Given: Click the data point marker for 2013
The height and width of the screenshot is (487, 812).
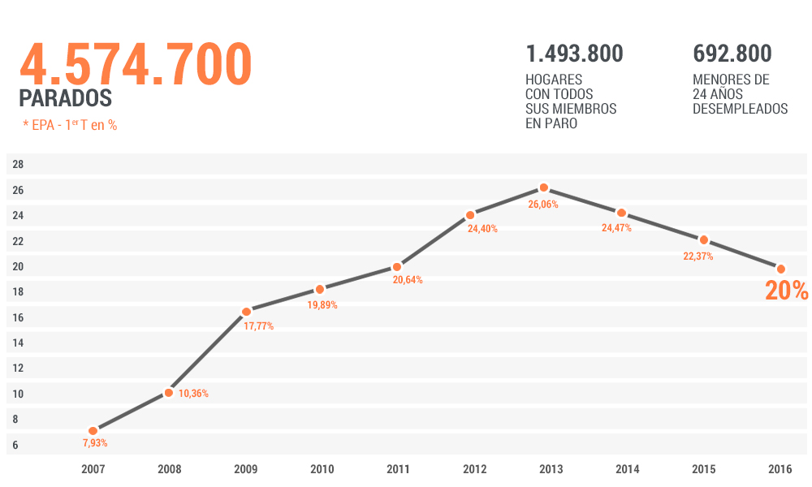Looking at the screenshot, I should [544, 187].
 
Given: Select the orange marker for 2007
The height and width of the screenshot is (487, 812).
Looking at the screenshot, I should [93, 431].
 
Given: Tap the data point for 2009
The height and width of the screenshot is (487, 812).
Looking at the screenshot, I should [246, 312].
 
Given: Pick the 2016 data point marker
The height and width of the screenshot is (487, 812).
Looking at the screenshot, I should [781, 269].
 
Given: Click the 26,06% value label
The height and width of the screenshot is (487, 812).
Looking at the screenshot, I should [543, 205].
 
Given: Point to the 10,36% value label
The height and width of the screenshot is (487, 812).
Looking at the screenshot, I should [193, 394].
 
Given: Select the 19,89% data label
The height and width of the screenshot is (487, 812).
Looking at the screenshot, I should [322, 305].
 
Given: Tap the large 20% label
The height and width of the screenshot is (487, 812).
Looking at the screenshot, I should [786, 291].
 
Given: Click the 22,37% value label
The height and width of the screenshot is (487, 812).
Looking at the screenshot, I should [698, 256].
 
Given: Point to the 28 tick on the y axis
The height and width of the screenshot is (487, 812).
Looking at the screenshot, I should [18, 165].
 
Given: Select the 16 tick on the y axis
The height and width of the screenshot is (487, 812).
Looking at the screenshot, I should [18, 317].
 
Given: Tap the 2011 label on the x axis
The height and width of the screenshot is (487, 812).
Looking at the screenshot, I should [398, 469].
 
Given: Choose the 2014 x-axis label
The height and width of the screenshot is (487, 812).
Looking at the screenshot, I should [628, 469].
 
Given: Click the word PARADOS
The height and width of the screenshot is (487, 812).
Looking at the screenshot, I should [65, 98].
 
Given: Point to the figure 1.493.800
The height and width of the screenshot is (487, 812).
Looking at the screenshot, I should [574, 54].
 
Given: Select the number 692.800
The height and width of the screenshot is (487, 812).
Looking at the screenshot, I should [732, 54].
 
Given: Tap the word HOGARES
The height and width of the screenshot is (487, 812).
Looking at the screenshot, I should [554, 80].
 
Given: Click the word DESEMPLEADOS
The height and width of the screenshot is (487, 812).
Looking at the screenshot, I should [740, 109].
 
